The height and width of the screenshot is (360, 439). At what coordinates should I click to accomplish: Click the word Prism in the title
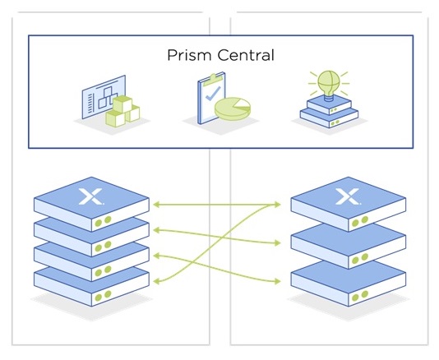coord(189,55)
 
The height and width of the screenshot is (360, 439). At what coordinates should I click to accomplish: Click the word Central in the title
coord(246,55)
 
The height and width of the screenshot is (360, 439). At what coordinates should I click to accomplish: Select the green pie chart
coord(233,108)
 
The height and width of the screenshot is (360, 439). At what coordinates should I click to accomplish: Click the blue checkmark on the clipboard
coord(212,93)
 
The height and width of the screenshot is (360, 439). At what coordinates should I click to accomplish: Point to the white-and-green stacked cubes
coord(122,111)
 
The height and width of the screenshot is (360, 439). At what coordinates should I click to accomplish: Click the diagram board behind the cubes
coord(104,97)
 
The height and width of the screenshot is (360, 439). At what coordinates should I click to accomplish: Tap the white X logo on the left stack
coord(90,196)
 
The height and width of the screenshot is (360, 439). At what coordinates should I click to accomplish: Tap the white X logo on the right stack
coord(348,196)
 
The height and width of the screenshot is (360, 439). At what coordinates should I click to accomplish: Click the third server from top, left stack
coord(91,262)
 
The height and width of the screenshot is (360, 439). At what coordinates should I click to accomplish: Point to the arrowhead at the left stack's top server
coord(156,205)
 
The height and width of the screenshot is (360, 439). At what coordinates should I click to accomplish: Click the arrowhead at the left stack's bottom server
coord(156,281)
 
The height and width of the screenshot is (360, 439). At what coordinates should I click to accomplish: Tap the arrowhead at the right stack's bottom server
coord(277,281)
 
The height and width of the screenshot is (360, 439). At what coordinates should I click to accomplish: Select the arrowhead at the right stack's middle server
coord(277,243)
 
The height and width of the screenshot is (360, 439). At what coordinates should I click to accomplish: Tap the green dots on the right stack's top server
coord(360,221)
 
